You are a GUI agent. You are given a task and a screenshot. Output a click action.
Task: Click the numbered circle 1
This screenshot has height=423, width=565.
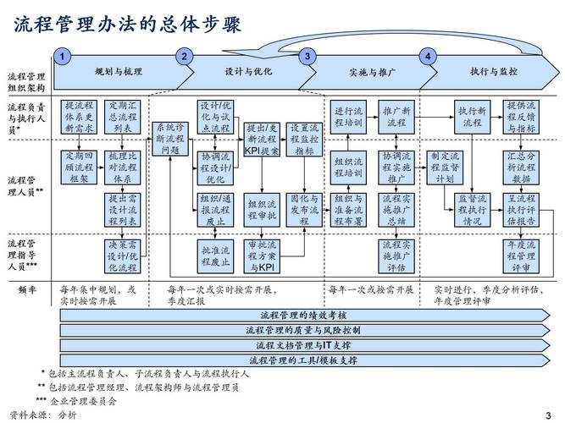62,57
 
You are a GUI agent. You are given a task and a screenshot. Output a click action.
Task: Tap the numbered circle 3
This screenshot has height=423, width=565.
307,57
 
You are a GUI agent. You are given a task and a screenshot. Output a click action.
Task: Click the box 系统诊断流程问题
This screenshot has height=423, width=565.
169,138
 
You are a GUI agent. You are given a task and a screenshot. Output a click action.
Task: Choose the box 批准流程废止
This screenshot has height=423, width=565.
216,256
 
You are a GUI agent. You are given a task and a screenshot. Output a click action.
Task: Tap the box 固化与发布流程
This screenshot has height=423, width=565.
305,209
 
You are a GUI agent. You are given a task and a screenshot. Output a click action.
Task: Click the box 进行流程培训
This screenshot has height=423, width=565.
348,118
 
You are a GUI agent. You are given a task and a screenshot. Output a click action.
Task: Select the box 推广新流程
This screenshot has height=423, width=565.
396,118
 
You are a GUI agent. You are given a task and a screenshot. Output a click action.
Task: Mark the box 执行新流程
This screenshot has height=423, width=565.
472,118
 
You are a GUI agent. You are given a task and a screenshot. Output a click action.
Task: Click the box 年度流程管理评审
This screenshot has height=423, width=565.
520,256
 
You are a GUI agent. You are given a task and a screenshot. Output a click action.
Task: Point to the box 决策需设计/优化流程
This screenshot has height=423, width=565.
122,256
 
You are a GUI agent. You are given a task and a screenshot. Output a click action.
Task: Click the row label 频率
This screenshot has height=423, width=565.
26,290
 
